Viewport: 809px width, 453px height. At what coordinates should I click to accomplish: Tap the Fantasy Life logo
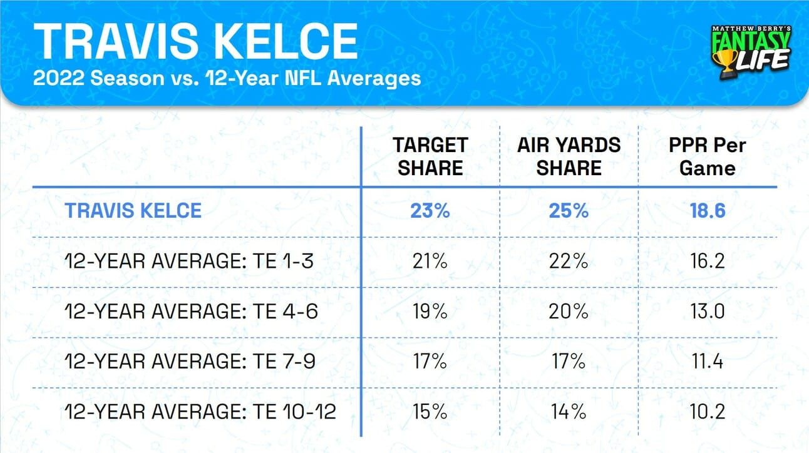(x=751, y=52)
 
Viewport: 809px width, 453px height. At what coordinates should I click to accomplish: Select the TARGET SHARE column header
(x=430, y=156)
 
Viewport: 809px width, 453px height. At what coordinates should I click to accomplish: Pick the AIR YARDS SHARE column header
(x=569, y=156)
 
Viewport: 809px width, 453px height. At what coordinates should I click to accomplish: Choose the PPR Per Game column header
(x=707, y=156)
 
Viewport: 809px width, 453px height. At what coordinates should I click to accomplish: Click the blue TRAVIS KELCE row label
(x=133, y=211)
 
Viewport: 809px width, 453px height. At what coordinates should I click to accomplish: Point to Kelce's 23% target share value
(x=430, y=211)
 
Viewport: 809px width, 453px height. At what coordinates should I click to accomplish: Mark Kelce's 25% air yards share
(x=569, y=211)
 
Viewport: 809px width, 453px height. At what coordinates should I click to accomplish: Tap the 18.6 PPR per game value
(x=707, y=211)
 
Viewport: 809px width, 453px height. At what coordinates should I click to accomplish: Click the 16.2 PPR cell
(x=707, y=261)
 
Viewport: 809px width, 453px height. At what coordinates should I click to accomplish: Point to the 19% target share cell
(x=430, y=312)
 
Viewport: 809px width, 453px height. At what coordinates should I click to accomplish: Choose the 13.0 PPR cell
(x=707, y=312)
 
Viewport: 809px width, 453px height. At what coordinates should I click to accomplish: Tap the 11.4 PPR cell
(x=707, y=362)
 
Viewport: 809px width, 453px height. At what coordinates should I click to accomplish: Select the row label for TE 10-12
(x=200, y=412)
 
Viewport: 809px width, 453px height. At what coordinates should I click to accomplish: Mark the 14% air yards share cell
(x=569, y=412)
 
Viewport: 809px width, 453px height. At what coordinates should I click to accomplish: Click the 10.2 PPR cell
(x=707, y=412)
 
